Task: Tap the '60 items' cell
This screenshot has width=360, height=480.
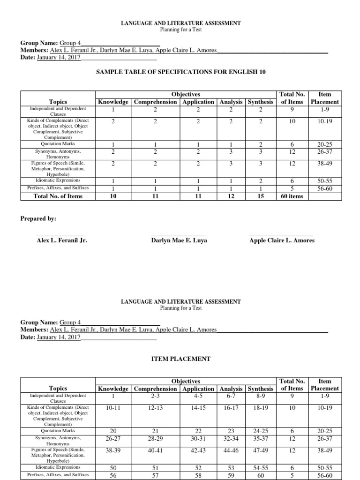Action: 291,196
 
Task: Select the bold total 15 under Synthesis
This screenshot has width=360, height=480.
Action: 261,196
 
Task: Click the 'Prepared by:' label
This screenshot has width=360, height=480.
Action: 38,219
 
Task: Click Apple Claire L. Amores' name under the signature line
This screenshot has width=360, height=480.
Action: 282,240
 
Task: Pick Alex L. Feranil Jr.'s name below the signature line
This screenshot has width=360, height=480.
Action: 62,240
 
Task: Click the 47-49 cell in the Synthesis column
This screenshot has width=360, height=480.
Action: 261,449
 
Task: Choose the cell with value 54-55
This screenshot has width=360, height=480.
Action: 261,467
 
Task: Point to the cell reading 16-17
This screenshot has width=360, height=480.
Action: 231,408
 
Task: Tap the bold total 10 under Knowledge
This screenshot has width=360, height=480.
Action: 113,196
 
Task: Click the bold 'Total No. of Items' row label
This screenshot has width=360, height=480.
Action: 58,196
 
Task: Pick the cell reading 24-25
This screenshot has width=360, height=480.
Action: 261,431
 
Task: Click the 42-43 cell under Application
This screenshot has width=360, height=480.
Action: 198,449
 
